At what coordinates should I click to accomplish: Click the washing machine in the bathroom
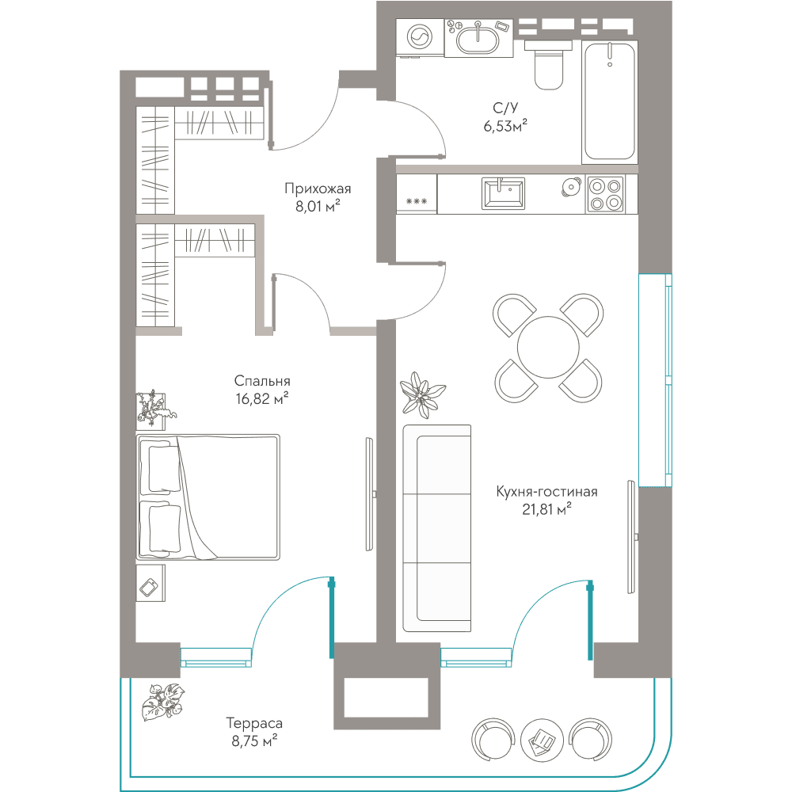(x=420, y=37)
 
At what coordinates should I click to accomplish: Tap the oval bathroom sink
(x=478, y=38)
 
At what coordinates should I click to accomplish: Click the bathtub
(x=610, y=102)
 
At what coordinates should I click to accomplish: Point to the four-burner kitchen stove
(x=605, y=195)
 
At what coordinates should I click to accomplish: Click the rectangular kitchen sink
(x=503, y=193)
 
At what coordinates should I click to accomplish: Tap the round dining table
(x=548, y=348)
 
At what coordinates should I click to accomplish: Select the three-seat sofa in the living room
(x=437, y=528)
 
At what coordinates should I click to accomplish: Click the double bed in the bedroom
(x=208, y=497)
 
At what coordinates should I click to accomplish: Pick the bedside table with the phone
(x=150, y=583)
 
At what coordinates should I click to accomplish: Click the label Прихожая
(x=318, y=188)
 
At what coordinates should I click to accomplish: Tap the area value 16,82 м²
(x=262, y=398)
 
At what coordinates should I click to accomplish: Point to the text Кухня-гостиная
(x=546, y=492)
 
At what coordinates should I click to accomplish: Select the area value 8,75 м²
(x=254, y=741)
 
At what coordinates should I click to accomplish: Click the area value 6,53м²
(x=505, y=126)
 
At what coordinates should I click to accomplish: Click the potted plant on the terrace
(x=162, y=702)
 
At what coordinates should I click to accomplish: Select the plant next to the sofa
(x=423, y=394)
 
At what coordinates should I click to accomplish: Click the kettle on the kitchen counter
(x=571, y=187)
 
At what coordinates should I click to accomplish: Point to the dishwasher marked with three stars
(x=417, y=195)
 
